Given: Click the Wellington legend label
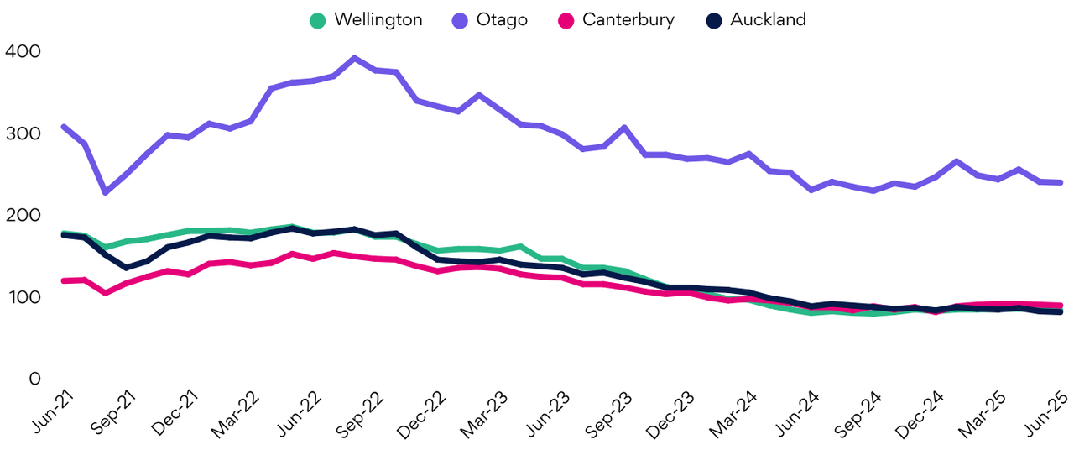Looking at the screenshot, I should point(378,19).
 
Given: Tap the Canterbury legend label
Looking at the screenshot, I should point(628,19).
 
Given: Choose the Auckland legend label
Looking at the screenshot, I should point(768,19).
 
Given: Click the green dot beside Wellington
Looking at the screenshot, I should point(316,20).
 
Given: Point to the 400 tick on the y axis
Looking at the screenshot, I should point(23,52).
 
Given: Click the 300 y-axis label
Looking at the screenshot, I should point(23,134).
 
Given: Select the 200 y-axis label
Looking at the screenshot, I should point(23,216).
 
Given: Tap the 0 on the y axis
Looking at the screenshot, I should point(34,379).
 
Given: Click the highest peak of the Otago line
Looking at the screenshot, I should point(355,59).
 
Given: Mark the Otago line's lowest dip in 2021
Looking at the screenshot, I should point(105,192).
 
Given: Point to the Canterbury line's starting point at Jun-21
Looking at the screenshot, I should point(64,280).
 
